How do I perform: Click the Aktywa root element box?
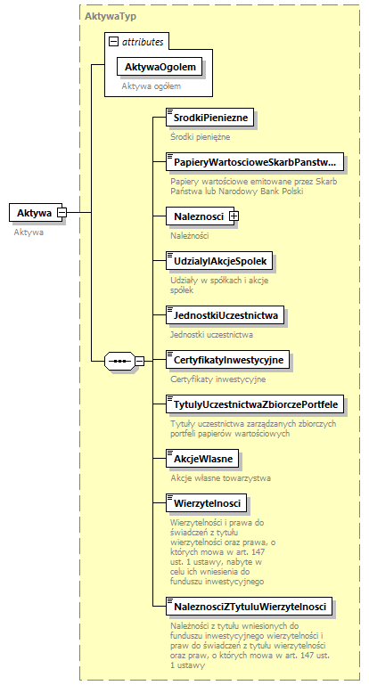click(x=33, y=212)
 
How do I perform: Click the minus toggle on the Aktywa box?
click(x=61, y=212)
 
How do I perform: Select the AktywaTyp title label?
click(x=111, y=16)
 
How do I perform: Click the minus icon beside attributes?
click(x=113, y=41)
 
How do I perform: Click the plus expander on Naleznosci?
click(x=234, y=216)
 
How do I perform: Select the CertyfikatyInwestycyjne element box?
click(x=228, y=360)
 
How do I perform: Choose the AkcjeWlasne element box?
click(x=203, y=459)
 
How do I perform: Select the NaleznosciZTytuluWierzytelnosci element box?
click(x=250, y=607)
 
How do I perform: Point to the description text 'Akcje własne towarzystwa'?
click(x=220, y=478)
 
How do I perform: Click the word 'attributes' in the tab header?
click(x=143, y=41)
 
